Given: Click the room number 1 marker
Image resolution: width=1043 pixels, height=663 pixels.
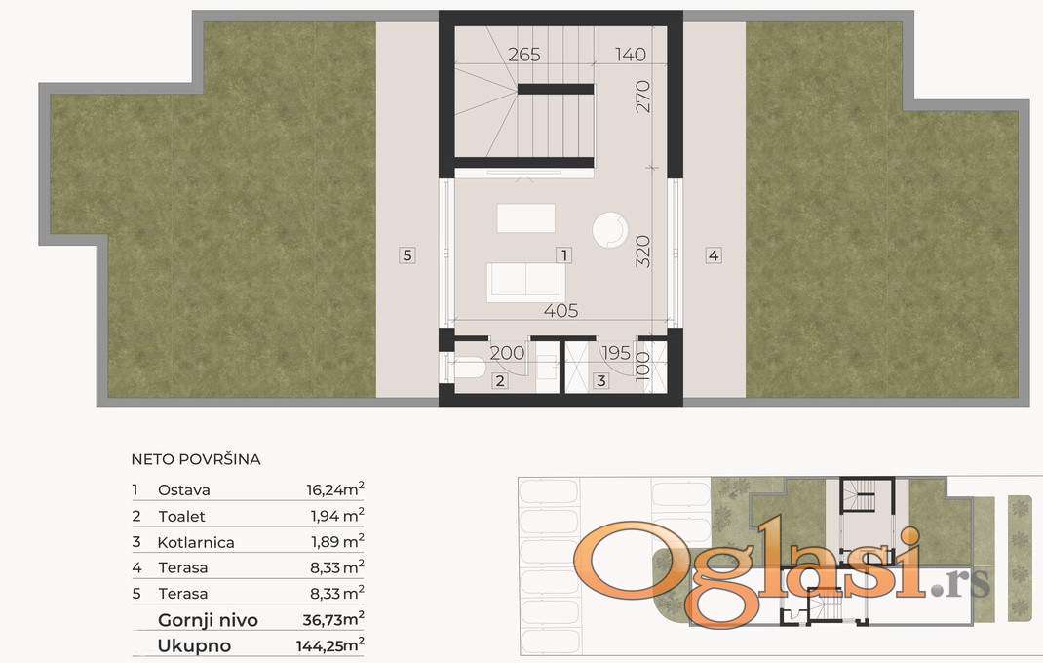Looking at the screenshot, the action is tap(564, 254).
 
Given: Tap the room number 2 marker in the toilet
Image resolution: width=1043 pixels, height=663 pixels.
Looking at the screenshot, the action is tap(500, 381).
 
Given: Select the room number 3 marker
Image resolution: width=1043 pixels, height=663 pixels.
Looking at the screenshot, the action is tap(601, 381).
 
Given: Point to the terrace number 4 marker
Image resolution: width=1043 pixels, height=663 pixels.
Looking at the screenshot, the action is tap(714, 254).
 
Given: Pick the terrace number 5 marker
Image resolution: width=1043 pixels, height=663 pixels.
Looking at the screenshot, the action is tap(407, 254).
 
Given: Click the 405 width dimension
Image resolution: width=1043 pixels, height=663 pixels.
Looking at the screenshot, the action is tap(560, 311).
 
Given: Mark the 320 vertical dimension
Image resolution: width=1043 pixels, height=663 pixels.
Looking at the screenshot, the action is tap(642, 252).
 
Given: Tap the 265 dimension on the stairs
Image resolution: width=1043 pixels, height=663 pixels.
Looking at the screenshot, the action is tap(524, 55).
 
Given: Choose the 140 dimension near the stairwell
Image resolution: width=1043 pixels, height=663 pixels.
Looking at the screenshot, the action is tap(631, 55).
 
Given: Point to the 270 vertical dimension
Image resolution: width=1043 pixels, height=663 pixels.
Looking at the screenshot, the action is tap(642, 97).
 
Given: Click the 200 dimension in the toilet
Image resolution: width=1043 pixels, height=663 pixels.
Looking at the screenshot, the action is tap(507, 353).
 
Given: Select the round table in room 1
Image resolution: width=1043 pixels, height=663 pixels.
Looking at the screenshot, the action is tap(610, 230).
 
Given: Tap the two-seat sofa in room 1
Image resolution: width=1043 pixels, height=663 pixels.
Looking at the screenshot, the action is tap(526, 282).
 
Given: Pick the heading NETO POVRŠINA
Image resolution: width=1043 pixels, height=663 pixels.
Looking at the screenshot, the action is tap(196, 459).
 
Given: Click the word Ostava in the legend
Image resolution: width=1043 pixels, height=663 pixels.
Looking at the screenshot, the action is tap(184, 489).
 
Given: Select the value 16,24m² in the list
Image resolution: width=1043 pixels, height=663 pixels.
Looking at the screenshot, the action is tap(335, 489).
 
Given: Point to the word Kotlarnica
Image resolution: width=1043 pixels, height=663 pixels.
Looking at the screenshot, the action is tap(196, 542).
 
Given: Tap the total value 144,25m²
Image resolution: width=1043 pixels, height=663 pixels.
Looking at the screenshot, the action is tap(329, 644).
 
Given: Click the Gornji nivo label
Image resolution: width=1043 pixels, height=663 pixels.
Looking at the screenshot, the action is tap(208, 620).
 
